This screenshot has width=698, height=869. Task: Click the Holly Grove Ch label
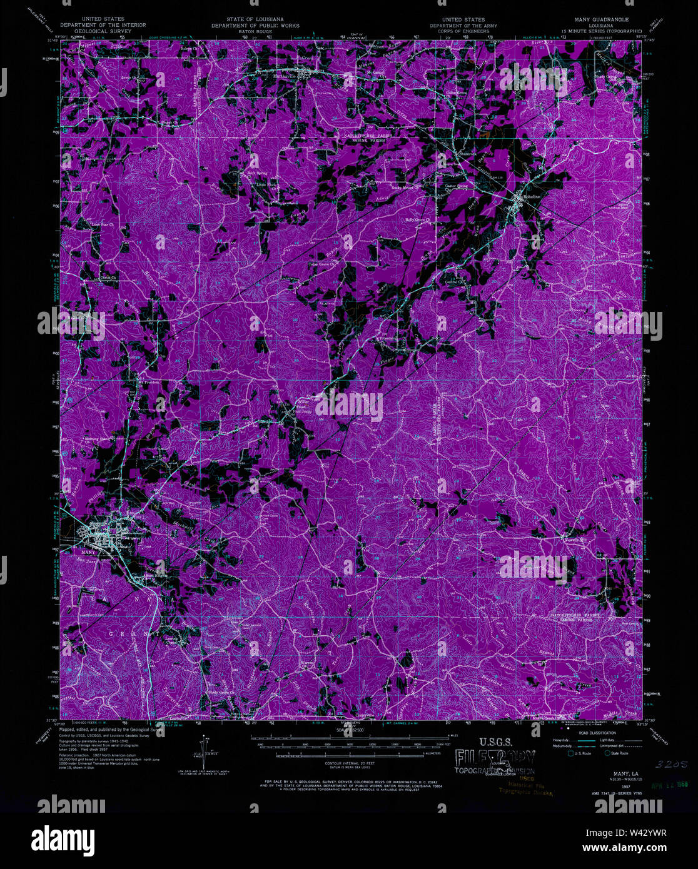tap(418, 220)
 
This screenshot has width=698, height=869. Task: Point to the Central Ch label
tap(455, 282)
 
